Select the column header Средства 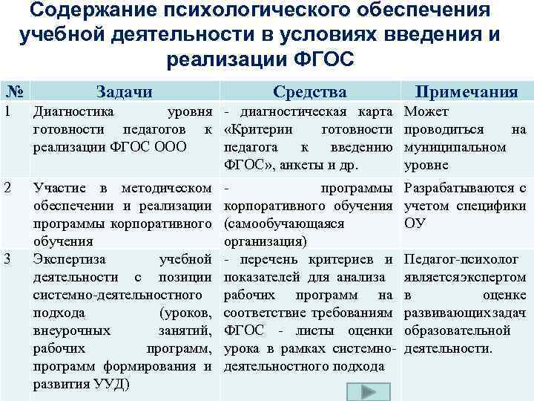click(309, 92)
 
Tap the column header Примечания click(467, 92)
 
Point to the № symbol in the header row click(13, 91)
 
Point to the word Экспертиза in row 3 click(71, 259)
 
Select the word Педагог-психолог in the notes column click(457, 259)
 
